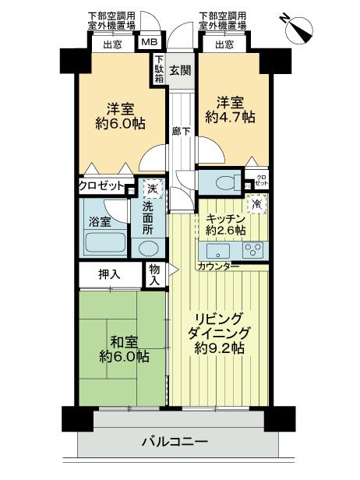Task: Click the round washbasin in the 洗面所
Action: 146,248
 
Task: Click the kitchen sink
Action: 216,251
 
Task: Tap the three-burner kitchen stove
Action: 253,251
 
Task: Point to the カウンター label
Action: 218,266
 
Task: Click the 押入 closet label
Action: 109,274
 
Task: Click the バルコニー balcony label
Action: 175,442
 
